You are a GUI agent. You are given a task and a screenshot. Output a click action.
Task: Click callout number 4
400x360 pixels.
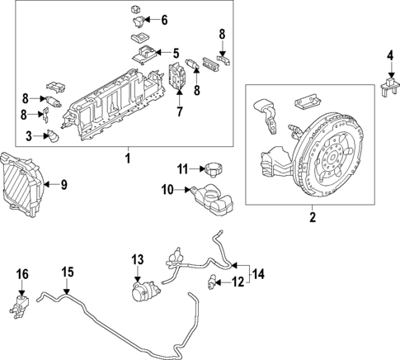click(390, 56)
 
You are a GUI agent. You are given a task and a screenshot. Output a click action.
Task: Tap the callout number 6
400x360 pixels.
click(163, 19)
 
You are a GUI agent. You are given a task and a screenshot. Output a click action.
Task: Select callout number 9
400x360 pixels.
click(64, 182)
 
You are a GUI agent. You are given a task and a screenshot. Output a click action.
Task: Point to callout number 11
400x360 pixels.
click(184, 169)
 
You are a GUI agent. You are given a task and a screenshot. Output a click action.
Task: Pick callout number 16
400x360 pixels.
click(22, 273)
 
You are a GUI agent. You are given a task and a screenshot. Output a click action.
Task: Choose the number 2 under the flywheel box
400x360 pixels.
click(313, 218)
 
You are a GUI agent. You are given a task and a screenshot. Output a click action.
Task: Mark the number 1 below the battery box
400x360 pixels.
click(126, 156)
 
